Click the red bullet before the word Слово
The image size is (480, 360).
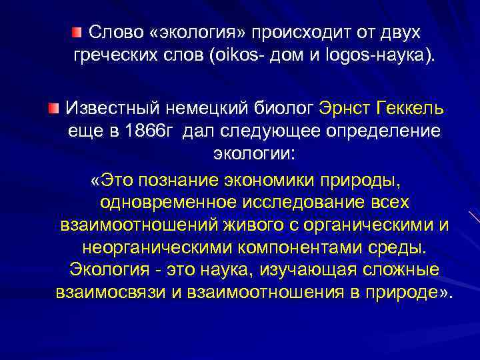[77, 31]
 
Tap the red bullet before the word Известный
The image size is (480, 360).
[53, 107]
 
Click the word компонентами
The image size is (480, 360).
[291, 248]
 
